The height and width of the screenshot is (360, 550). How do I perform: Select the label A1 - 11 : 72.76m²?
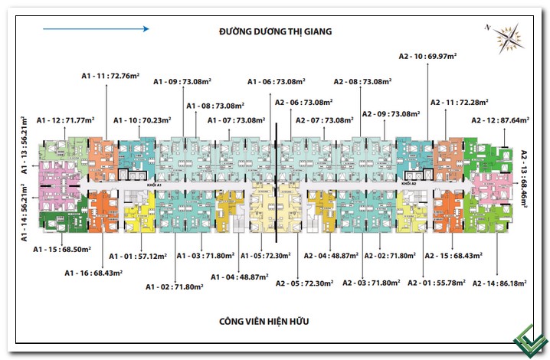(109, 76)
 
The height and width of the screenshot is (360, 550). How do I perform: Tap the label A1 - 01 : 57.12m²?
(137, 256)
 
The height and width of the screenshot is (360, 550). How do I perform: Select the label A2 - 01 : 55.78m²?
(435, 283)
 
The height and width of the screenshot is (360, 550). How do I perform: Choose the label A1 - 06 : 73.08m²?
(277, 81)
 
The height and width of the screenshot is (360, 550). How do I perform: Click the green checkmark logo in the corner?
(529, 339)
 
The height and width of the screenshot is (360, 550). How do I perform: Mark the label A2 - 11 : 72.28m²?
(458, 102)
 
